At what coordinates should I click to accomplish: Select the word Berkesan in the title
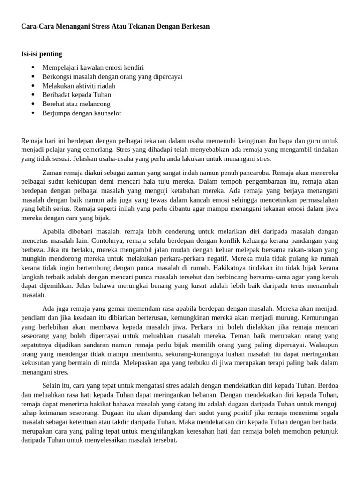coord(193,27)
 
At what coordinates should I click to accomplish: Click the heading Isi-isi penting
coord(42,54)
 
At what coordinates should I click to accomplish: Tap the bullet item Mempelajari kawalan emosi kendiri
coord(93,67)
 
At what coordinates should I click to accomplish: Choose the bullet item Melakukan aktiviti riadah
coord(79,86)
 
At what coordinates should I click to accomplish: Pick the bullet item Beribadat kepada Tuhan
coord(77,95)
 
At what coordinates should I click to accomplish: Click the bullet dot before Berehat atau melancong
coord(33,104)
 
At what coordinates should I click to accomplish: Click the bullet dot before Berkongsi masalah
coord(33,77)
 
